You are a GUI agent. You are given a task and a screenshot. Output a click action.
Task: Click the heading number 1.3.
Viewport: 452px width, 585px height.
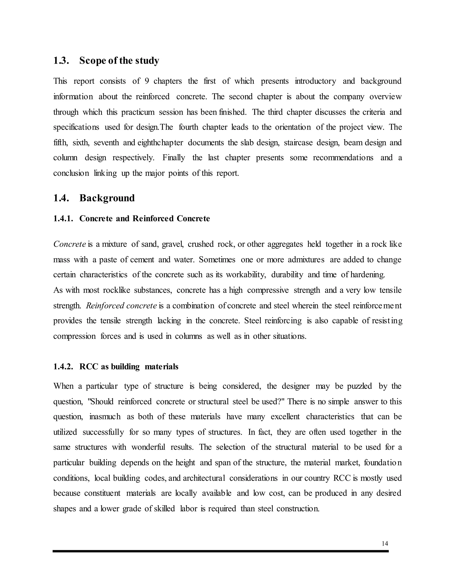pyautogui.click(x=61, y=60)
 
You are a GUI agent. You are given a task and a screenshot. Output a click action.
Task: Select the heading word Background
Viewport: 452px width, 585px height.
pyautogui.click(x=107, y=198)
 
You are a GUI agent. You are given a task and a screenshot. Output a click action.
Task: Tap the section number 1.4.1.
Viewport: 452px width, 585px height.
pyautogui.click(x=63, y=219)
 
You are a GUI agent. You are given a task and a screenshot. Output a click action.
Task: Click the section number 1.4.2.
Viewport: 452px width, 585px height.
pyautogui.click(x=63, y=366)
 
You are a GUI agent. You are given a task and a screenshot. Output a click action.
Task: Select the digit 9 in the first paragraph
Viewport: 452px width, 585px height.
pyautogui.click(x=147, y=81)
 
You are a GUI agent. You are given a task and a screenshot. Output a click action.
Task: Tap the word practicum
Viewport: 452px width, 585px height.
pyautogui.click(x=138, y=112)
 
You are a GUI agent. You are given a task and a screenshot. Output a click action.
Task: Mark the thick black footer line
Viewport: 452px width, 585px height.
pyautogui.click(x=220, y=551)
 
